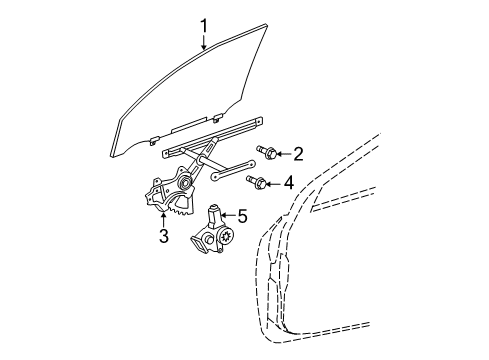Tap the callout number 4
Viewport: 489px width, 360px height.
(x=288, y=182)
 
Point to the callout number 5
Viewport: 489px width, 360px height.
(x=241, y=214)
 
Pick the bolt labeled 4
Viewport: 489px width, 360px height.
(x=260, y=181)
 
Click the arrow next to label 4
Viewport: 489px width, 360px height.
(x=274, y=182)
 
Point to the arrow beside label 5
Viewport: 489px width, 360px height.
(x=228, y=214)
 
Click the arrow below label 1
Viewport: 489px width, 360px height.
(x=204, y=40)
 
